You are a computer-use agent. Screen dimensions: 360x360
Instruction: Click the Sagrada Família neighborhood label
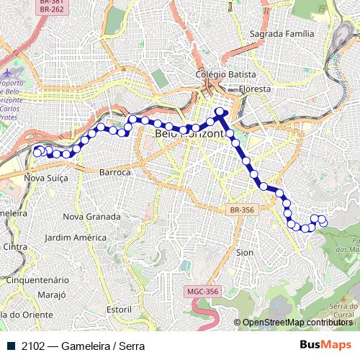(x=282, y=34)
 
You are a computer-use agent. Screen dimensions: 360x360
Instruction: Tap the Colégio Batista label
(x=221, y=74)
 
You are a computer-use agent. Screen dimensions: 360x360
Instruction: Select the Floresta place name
(x=256, y=89)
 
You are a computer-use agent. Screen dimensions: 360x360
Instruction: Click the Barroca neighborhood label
(x=115, y=173)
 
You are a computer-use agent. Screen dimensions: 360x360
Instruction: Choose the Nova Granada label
(x=91, y=216)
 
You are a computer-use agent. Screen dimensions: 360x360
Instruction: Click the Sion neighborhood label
(x=245, y=253)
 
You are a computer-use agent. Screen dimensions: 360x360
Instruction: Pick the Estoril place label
(x=120, y=309)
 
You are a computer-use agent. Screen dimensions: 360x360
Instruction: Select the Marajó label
(x=51, y=294)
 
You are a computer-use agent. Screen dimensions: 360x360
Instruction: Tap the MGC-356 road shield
(x=202, y=292)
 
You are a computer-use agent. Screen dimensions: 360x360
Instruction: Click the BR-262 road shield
(x=51, y=9)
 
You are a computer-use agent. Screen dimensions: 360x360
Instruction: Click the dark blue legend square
(x=11, y=346)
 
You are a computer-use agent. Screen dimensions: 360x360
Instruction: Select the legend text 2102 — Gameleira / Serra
(x=83, y=346)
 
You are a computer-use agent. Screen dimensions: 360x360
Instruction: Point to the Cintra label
(x=14, y=246)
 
